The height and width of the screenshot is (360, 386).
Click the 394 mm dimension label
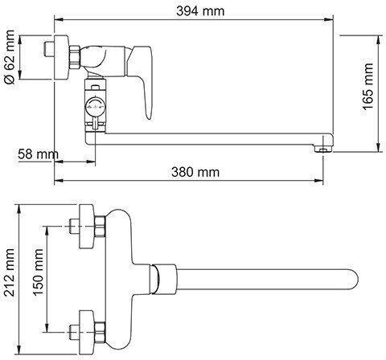200,11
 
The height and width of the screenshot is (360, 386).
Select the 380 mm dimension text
195,172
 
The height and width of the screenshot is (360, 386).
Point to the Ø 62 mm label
10,57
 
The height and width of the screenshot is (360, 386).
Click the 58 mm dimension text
38,154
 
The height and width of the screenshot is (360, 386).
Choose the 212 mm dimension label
10,272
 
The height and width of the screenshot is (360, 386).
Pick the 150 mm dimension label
38,272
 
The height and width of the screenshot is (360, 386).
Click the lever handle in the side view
143,80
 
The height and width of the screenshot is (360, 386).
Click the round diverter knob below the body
95,107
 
